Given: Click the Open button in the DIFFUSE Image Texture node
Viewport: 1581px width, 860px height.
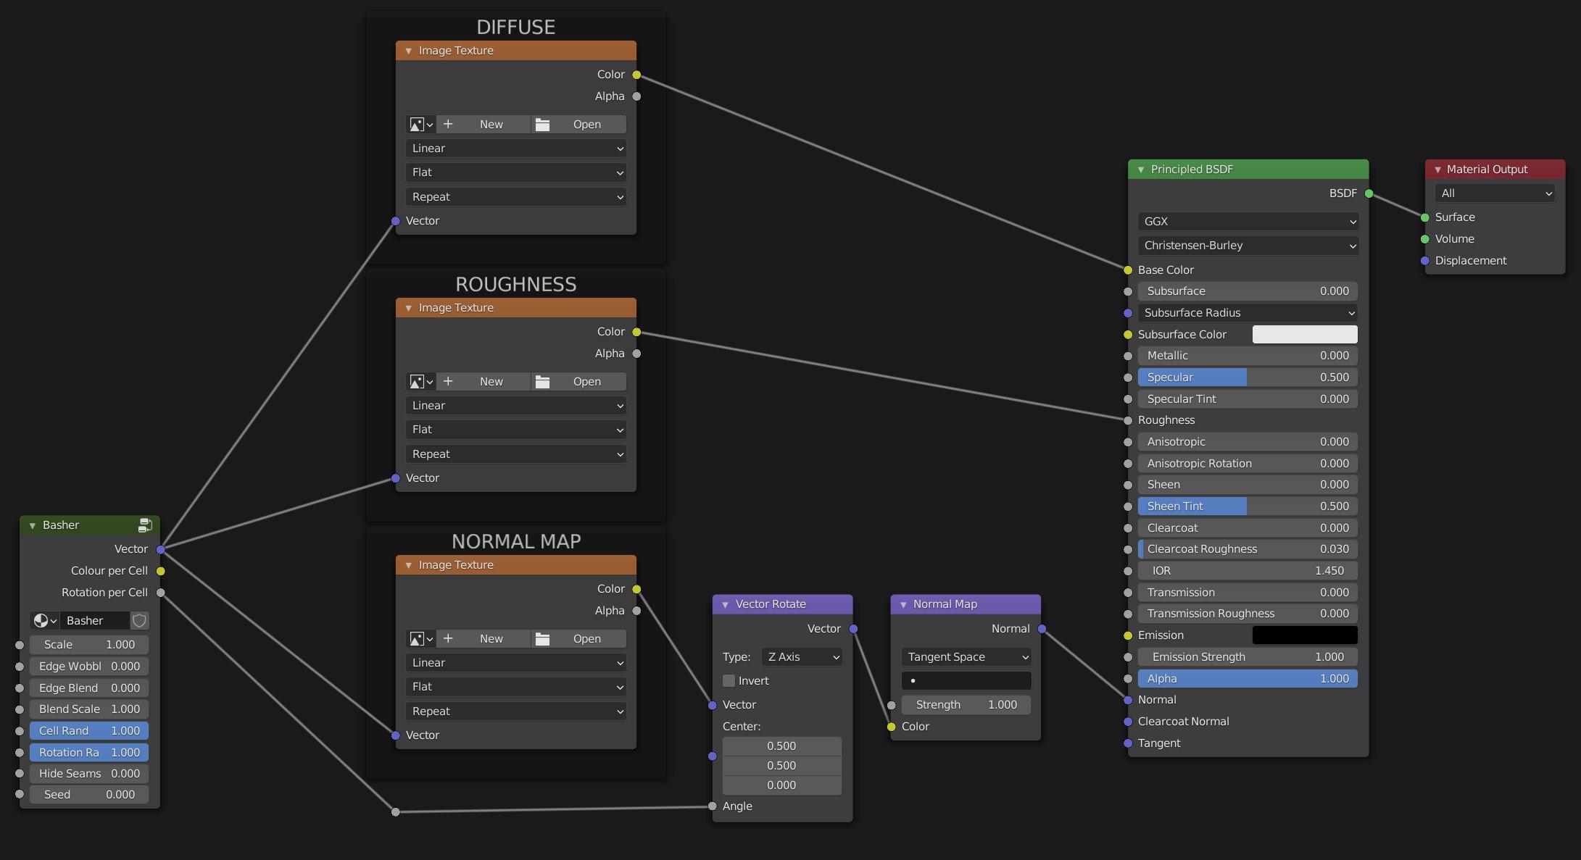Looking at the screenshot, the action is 579,125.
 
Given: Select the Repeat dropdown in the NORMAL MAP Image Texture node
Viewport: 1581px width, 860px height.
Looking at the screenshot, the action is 516,711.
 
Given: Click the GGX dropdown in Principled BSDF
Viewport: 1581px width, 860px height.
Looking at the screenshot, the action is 1248,222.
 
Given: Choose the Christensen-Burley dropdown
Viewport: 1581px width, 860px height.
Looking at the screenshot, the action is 1248,246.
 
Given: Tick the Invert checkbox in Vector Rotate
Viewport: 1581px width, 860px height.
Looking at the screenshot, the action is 729,681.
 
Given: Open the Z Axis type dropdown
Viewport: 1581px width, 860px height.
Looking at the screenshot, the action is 802,657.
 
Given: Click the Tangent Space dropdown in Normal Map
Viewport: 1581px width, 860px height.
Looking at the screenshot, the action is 966,657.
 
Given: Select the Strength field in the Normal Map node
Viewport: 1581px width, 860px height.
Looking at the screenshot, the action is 966,705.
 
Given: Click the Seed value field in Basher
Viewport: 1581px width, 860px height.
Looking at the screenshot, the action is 89,795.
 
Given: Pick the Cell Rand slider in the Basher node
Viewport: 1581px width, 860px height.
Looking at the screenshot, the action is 89,731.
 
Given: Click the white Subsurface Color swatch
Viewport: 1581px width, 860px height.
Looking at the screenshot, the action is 1305,334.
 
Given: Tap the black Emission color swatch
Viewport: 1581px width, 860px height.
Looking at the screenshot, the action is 1305,635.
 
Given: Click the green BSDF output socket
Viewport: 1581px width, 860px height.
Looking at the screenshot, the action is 1369,193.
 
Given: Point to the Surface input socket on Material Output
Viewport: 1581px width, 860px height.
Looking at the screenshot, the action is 1424,217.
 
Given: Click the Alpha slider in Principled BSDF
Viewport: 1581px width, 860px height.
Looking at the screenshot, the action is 1248,679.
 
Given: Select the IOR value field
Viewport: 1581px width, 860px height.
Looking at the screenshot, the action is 1248,571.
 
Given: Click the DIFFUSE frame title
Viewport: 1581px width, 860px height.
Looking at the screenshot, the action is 516,28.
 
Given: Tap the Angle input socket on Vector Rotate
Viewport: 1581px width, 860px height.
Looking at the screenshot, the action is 713,806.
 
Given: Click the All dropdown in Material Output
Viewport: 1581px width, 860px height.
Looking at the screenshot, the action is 1495,193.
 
